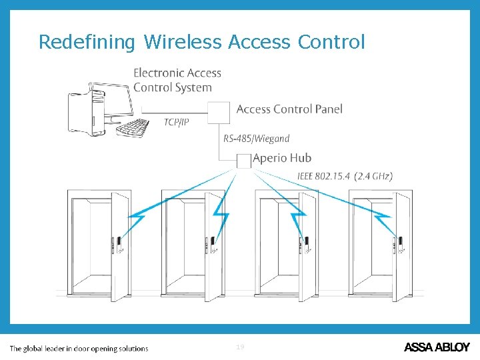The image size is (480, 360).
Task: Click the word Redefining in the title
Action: [86, 43]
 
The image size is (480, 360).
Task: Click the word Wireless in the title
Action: [182, 43]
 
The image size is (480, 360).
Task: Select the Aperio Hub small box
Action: [244, 160]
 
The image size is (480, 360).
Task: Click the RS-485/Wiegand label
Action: [257, 139]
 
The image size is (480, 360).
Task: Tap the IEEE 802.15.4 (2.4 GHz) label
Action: [345, 176]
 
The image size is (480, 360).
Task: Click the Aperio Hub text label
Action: [283, 159]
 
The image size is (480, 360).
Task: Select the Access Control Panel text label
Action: [289, 109]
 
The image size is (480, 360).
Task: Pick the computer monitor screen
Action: [113, 100]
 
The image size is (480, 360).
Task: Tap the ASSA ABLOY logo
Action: [437, 347]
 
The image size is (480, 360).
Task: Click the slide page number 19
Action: [240, 347]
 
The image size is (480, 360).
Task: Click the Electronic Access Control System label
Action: [177, 80]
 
